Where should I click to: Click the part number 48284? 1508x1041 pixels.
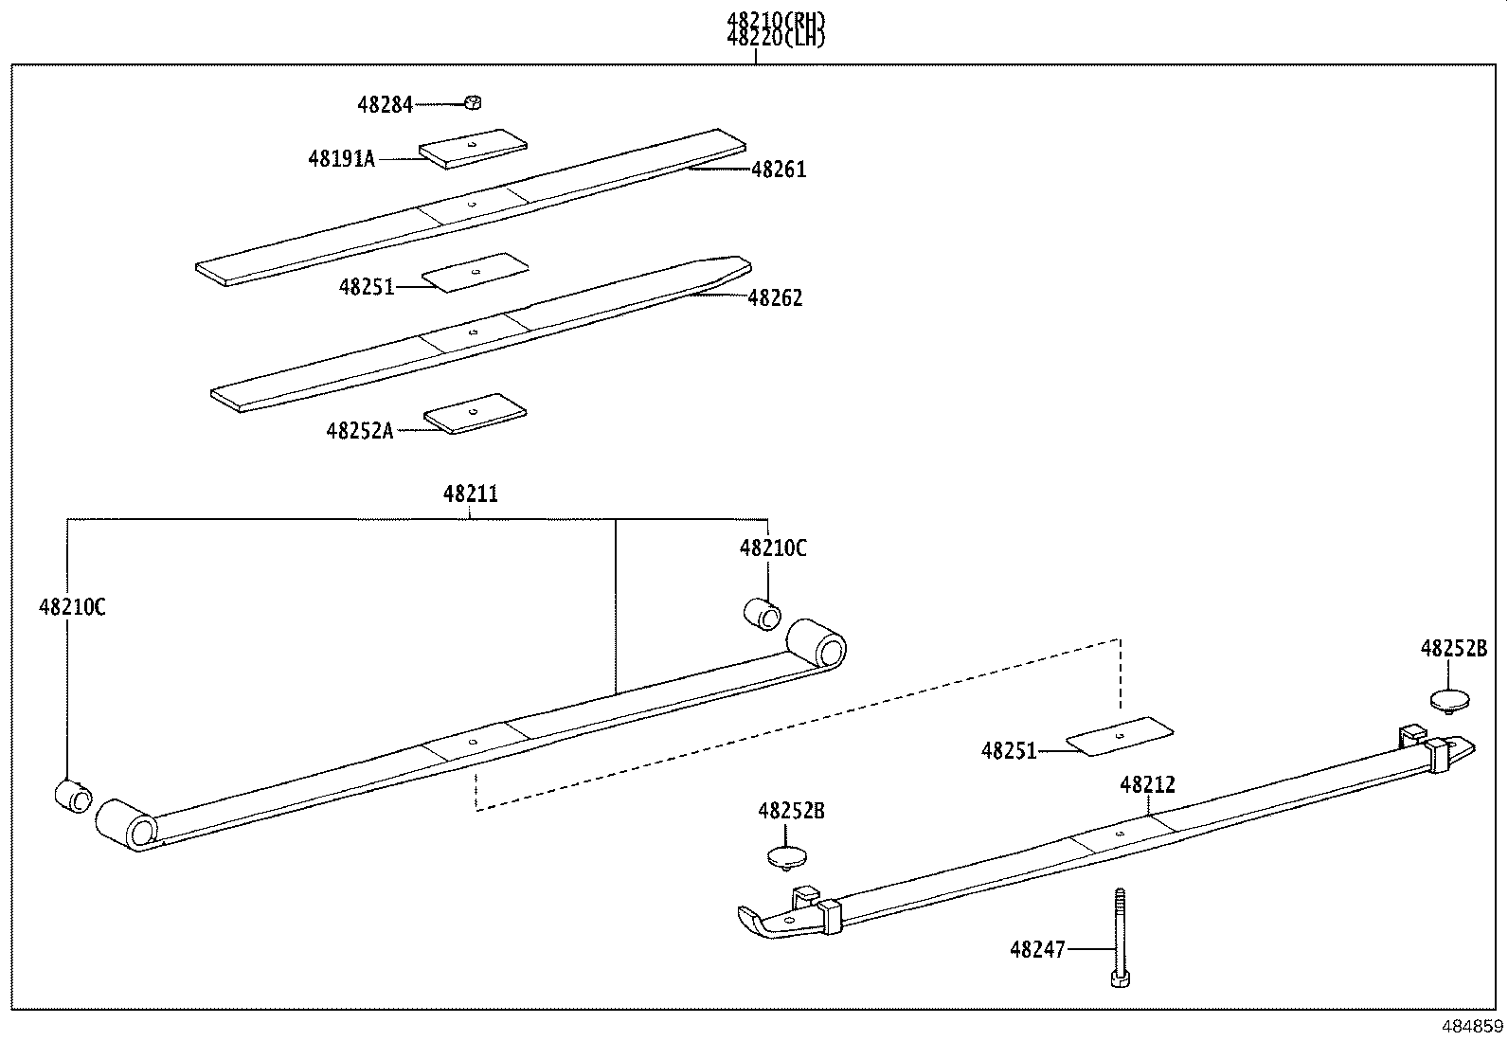pos(385,105)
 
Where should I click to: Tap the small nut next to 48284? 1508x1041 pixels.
pos(476,102)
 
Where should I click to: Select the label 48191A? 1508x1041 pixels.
pos(341,159)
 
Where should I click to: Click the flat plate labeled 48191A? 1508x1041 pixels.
pos(474,149)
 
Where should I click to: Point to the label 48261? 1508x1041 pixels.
pos(779,171)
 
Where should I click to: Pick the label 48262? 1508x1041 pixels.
pos(775,298)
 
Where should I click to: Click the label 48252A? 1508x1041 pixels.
pos(359,431)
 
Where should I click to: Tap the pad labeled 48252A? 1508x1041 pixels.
pos(475,414)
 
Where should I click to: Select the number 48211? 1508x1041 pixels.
pos(470,494)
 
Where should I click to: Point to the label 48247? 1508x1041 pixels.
pos(1037,948)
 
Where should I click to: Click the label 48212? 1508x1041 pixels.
pos(1147,785)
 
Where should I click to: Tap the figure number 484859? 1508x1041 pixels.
pos(1470,1026)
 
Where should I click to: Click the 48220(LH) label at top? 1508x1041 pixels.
pos(775,38)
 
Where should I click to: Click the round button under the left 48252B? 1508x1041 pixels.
pos(787,856)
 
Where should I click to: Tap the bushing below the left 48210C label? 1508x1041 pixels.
pos(71,796)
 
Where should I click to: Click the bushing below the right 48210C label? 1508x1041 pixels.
pos(763,614)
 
